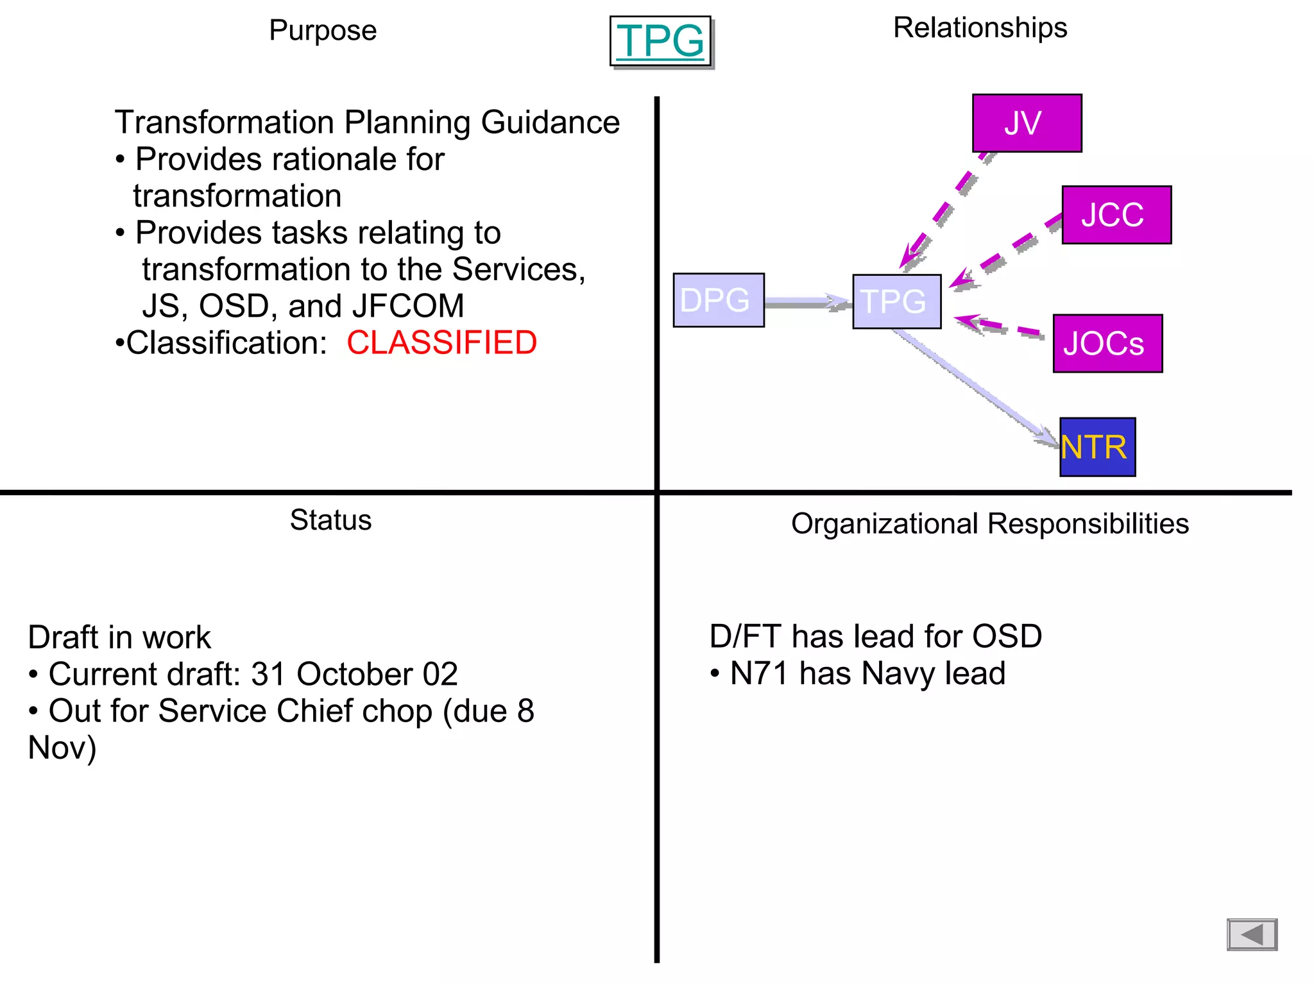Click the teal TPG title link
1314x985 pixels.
[x=660, y=41]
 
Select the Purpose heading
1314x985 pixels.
[x=323, y=31]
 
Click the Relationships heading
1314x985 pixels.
[x=980, y=28]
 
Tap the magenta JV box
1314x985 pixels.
[x=1027, y=123]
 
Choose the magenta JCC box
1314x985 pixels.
[x=1116, y=215]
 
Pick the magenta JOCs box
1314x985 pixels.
[x=1107, y=344]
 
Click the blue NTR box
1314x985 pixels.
[x=1097, y=447]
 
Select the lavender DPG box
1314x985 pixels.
[x=718, y=300]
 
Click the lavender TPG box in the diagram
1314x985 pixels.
[x=896, y=301]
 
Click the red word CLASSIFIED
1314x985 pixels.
[x=441, y=342]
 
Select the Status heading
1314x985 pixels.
[x=330, y=520]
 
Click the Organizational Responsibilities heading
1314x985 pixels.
[x=989, y=524]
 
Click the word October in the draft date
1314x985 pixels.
[x=354, y=675]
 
